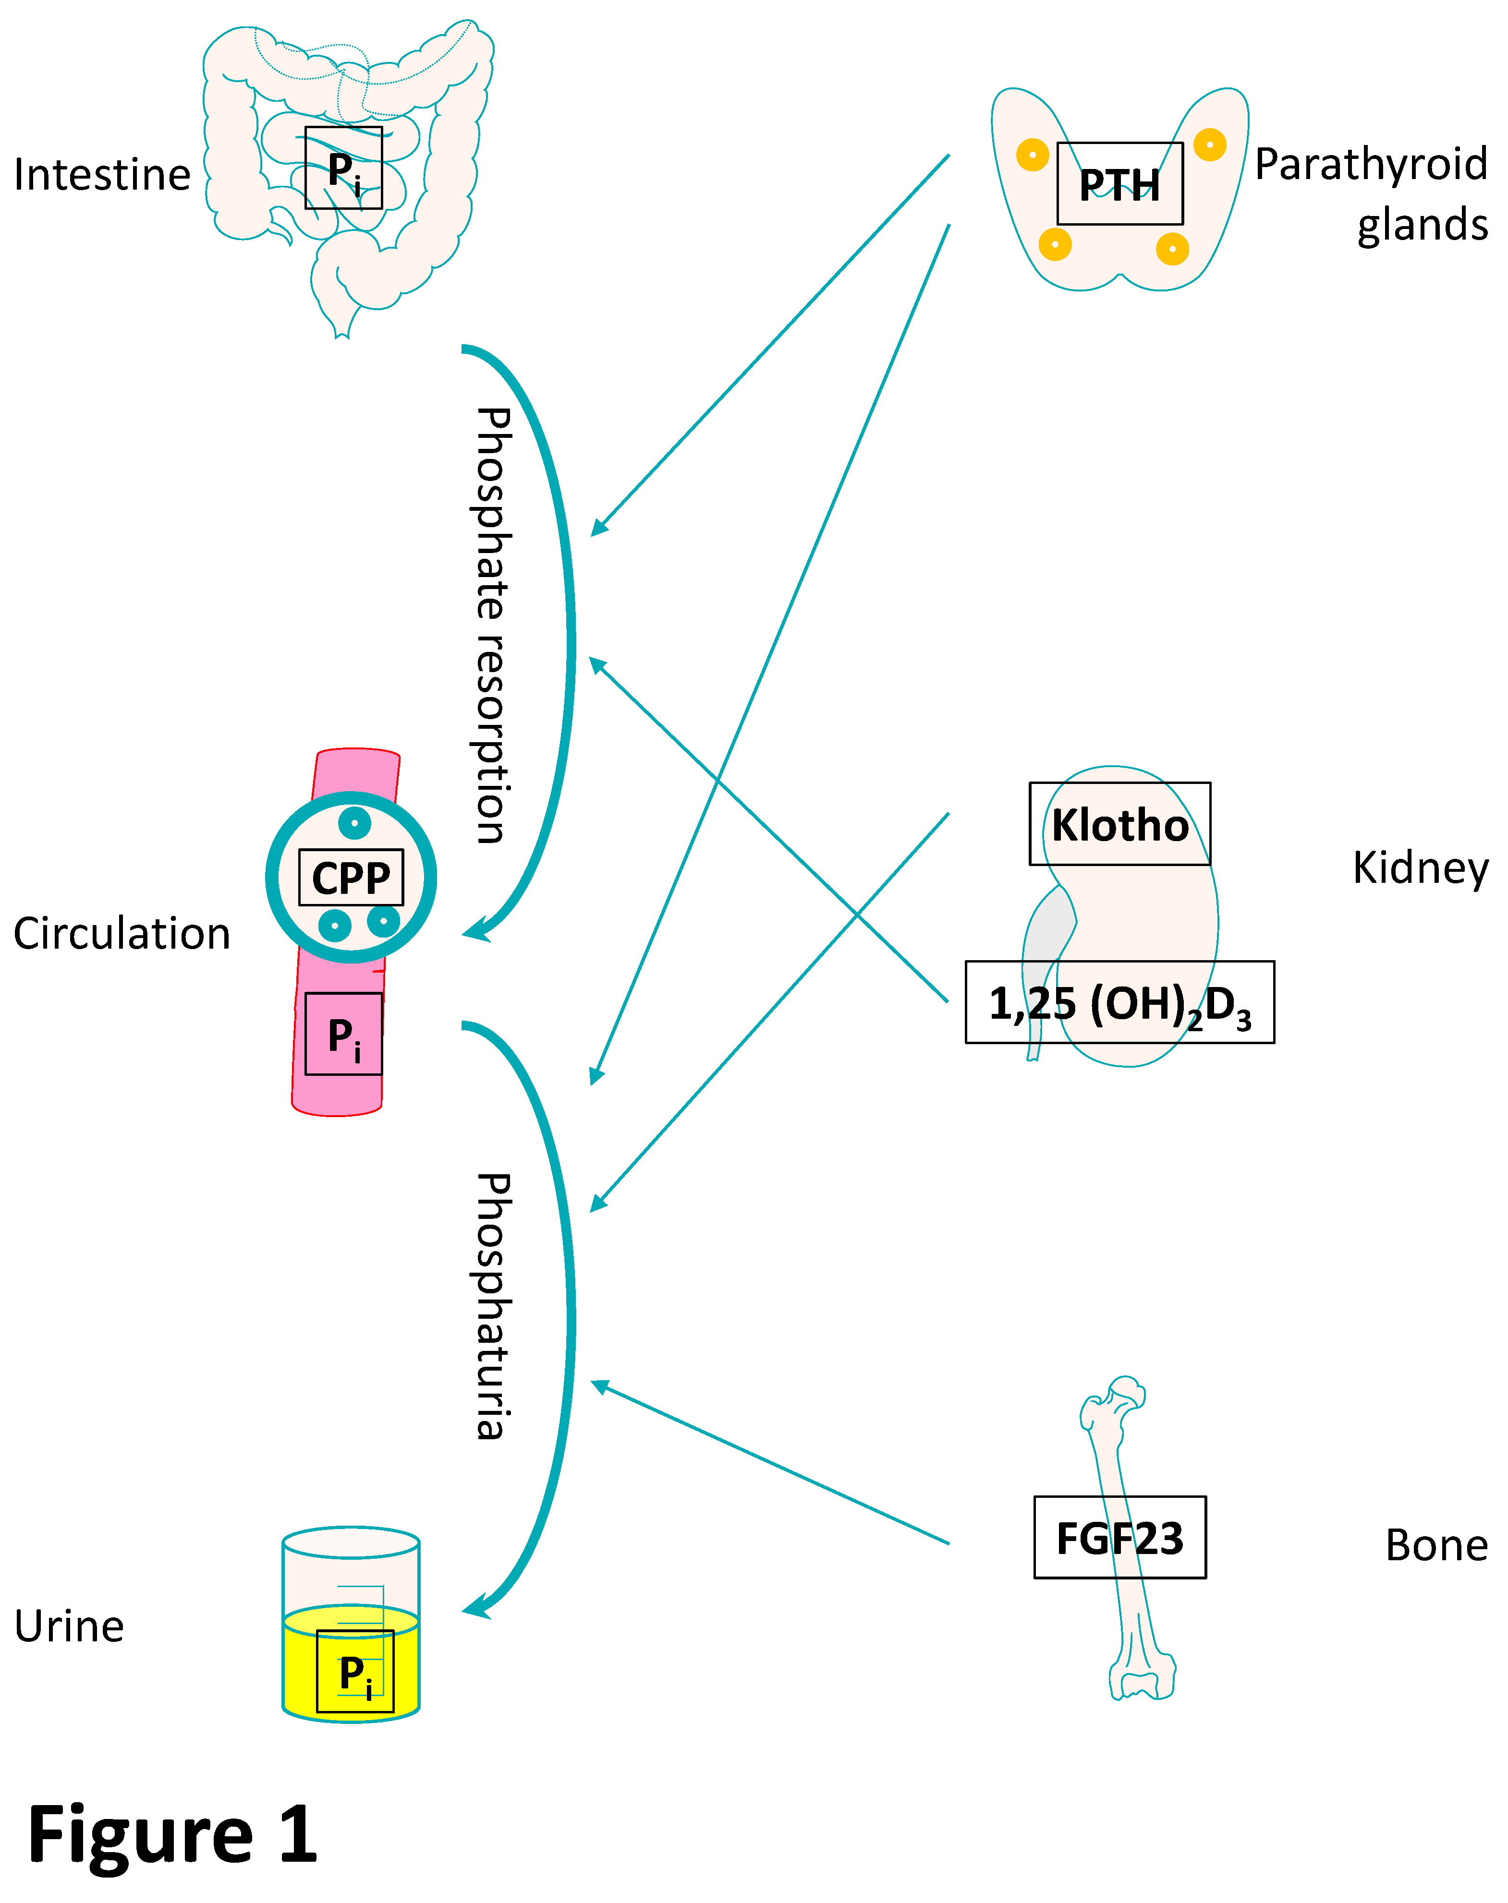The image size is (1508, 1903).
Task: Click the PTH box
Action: point(1119,183)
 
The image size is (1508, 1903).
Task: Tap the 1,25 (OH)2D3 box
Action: point(1119,1003)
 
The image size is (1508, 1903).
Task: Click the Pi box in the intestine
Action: point(343,168)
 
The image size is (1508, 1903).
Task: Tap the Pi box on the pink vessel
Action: point(343,1034)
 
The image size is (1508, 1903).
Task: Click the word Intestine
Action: point(102,175)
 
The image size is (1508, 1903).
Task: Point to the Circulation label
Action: point(122,934)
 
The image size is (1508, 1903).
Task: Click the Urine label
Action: point(69,1626)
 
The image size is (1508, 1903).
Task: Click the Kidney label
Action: point(1420,868)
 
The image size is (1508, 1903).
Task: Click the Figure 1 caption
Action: point(172,1834)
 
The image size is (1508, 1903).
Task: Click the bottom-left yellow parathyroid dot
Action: point(1055,243)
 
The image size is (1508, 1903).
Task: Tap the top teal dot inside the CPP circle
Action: point(354,823)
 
